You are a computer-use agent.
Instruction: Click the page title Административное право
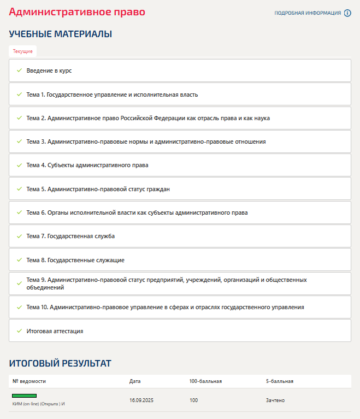[x=77, y=11]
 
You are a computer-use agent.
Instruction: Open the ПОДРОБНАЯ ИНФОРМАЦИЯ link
[x=307, y=13]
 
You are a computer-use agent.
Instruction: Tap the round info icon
[x=347, y=13]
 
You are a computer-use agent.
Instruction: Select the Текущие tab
[x=23, y=51]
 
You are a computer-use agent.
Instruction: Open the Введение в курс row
[x=49, y=70]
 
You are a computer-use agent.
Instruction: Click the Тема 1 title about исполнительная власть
[x=112, y=95]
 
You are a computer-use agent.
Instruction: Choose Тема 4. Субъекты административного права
[x=87, y=165]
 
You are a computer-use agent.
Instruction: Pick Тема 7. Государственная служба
[x=70, y=236]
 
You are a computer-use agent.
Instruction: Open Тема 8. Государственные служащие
[x=75, y=260]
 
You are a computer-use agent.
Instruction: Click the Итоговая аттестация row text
[x=55, y=331]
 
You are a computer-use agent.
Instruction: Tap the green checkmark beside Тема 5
[x=19, y=189]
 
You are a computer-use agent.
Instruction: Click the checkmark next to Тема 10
[x=19, y=307]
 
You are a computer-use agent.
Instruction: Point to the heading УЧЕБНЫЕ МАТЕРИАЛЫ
[x=61, y=34]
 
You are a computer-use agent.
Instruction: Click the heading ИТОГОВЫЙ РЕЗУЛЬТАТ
[x=60, y=363]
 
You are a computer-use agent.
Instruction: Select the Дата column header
[x=135, y=381]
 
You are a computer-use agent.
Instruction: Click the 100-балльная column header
[x=205, y=381]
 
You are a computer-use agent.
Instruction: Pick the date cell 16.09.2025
[x=142, y=400]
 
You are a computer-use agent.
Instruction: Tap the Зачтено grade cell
[x=275, y=400]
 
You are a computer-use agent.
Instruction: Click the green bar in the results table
[x=24, y=395]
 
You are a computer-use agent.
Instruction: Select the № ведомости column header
[x=29, y=381]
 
